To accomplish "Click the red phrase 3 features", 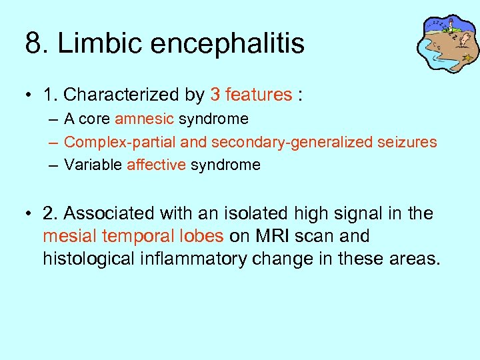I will [251, 95].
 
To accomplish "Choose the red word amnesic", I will [144, 119].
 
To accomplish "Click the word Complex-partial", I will [109, 142].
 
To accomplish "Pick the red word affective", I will [156, 165].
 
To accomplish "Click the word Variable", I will [93, 165].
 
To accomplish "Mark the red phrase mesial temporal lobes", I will [133, 237].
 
